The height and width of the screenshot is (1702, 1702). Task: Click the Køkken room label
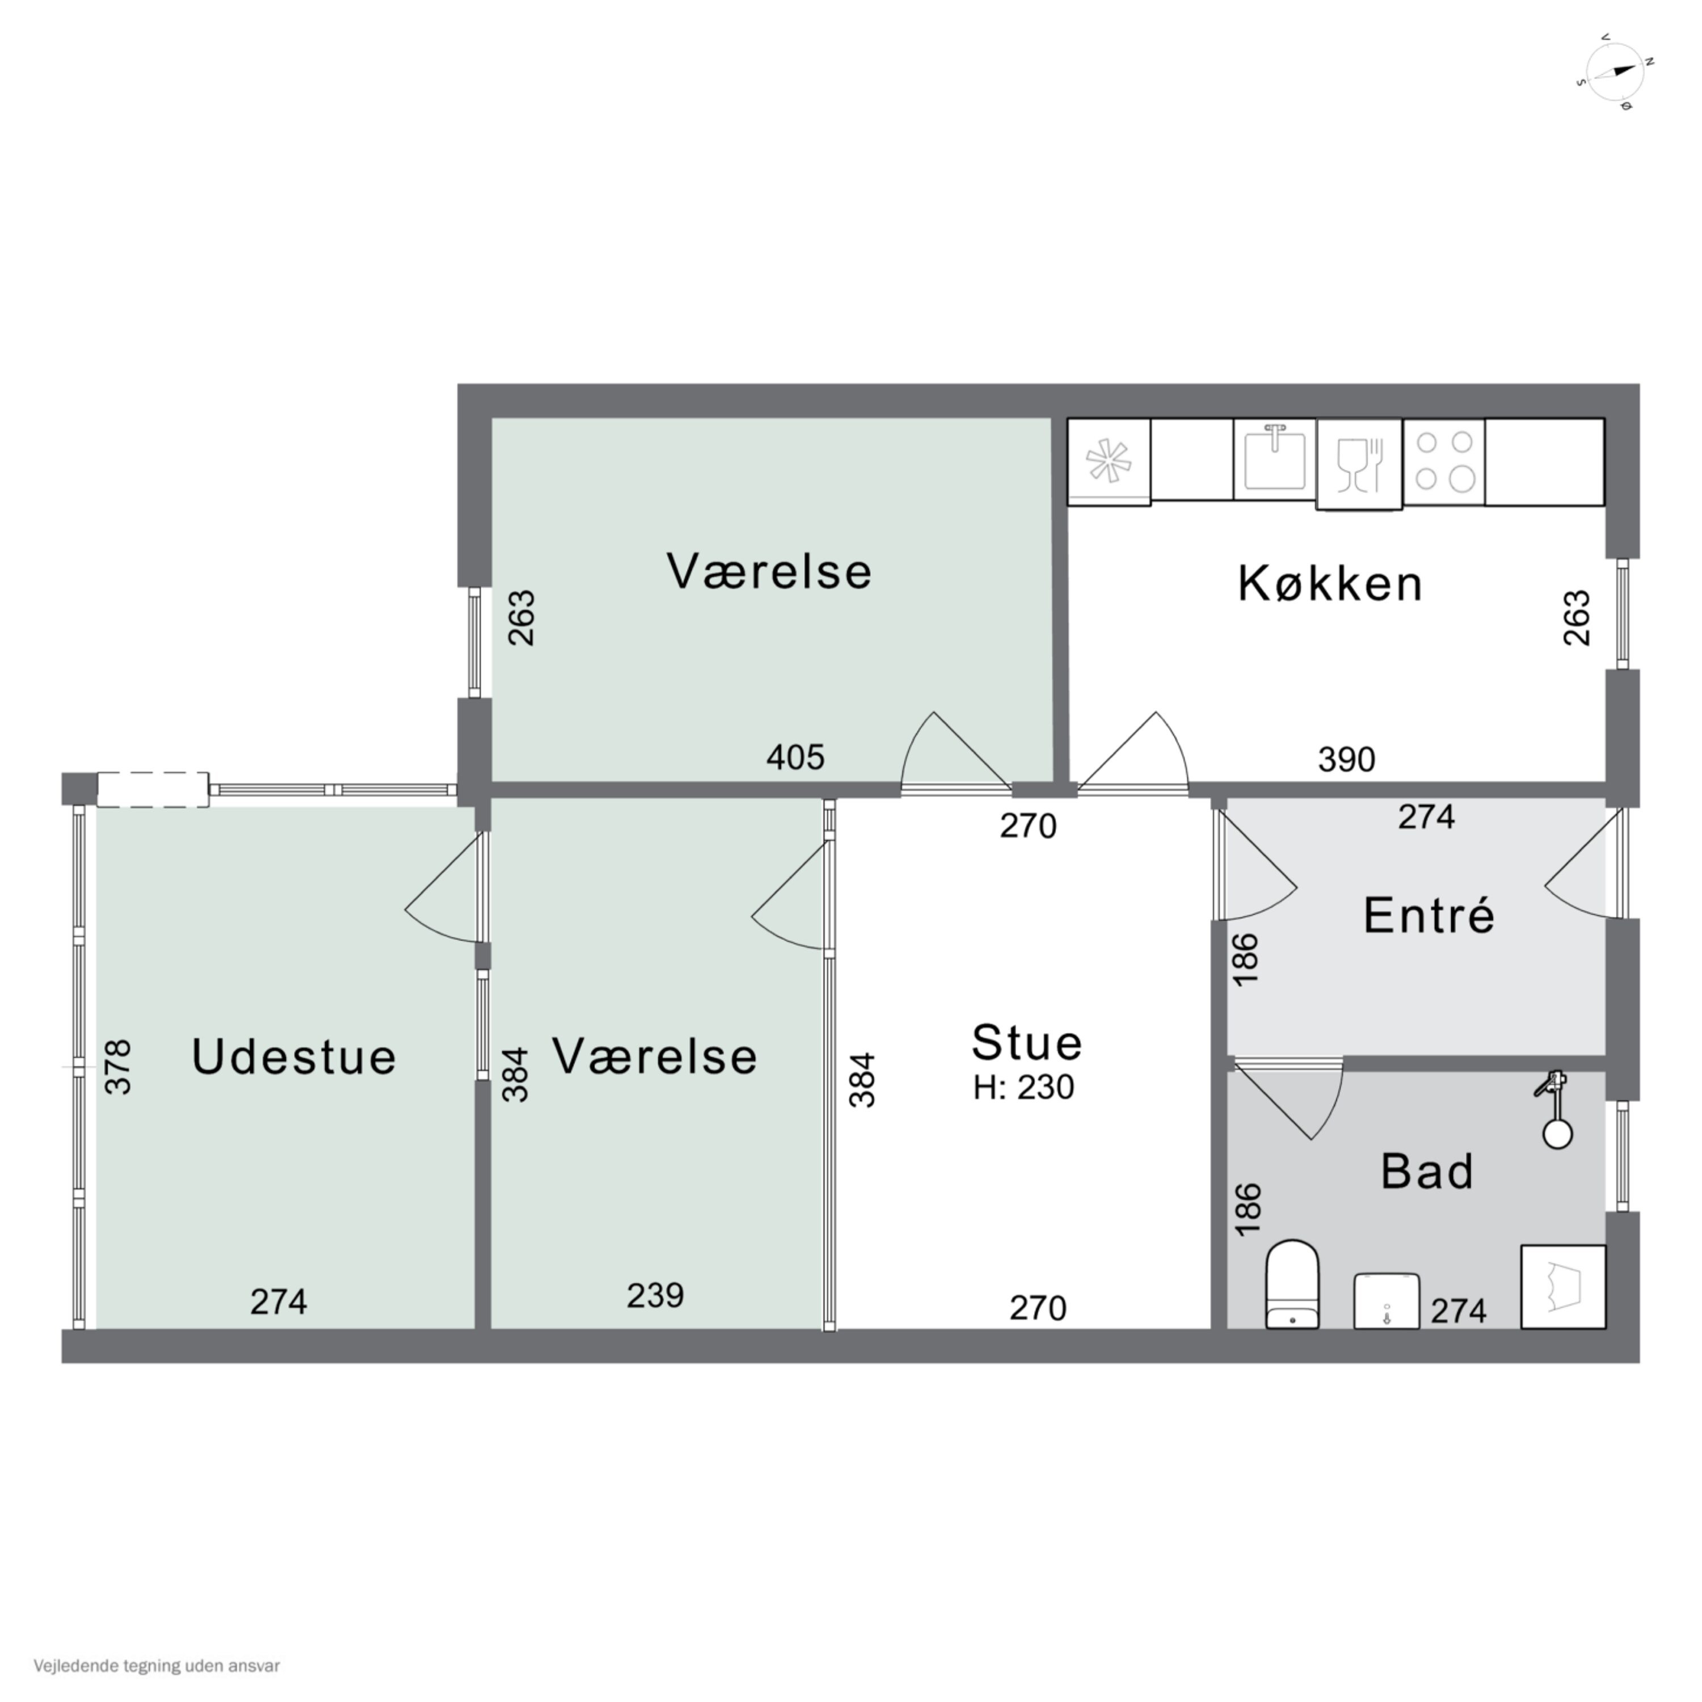(x=1330, y=584)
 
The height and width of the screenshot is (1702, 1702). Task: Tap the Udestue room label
(x=294, y=1057)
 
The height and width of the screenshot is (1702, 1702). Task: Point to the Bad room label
(x=1427, y=1172)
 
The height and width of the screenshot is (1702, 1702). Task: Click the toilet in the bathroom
(x=1292, y=1286)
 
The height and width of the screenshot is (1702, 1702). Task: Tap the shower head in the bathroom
(x=1556, y=1112)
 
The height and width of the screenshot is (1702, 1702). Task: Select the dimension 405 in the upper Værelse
(x=795, y=757)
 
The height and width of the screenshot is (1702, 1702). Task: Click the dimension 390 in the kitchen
(x=1346, y=760)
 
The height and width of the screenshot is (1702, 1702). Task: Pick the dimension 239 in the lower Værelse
(x=655, y=1295)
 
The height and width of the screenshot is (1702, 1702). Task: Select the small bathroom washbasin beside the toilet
(x=1386, y=1300)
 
